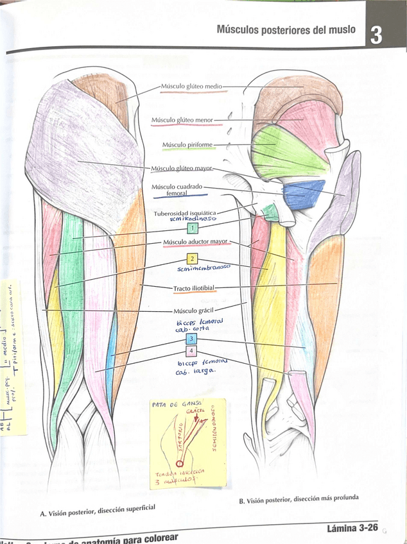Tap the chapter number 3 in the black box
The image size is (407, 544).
[x=376, y=35]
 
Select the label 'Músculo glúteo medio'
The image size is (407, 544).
[x=191, y=86]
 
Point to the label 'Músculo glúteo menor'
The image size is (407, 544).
[x=182, y=119]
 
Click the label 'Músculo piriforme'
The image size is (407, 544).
[x=187, y=144]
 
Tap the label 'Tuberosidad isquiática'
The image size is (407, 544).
[x=185, y=212]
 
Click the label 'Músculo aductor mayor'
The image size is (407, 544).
[x=195, y=242]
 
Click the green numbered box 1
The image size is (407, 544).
[x=192, y=227]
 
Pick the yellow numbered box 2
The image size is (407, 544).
[x=191, y=259]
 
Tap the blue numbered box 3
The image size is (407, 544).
[x=191, y=339]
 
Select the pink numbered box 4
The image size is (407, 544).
[x=191, y=352]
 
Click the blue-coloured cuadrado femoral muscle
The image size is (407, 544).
[x=304, y=194]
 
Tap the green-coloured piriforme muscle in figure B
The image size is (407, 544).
[x=282, y=149]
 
